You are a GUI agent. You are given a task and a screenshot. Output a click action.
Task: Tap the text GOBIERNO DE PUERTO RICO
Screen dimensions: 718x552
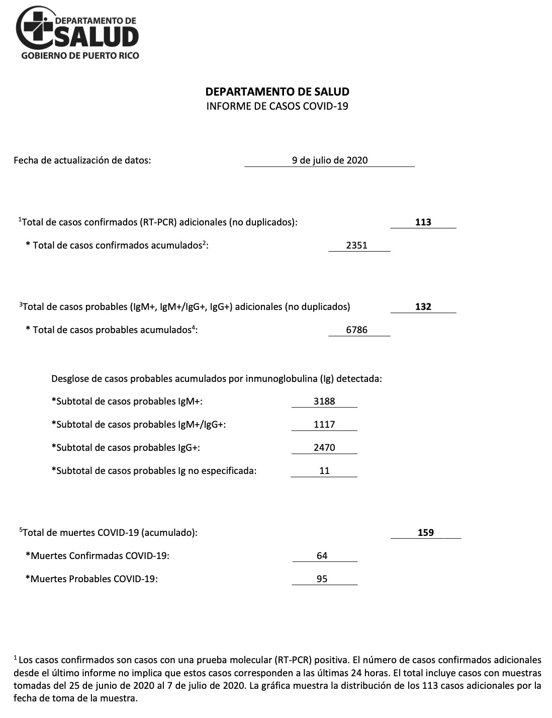coord(79,55)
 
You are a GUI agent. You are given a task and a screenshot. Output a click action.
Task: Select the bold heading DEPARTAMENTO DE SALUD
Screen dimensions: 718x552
coord(277,92)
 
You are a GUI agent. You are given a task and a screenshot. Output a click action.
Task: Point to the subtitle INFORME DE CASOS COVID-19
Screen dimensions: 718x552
coord(277,106)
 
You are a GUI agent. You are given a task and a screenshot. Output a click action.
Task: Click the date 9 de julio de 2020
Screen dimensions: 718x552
coord(330,161)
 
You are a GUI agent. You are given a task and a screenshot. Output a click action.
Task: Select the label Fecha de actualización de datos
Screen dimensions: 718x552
coord(82,161)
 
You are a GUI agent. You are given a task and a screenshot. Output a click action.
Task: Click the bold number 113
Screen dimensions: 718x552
coord(423,222)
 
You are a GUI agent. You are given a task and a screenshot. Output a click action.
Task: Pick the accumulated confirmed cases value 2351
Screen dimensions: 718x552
coord(357,246)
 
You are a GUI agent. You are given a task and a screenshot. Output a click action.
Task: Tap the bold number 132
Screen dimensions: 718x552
coord(423,306)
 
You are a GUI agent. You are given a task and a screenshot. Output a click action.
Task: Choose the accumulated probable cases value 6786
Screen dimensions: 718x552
coord(357,330)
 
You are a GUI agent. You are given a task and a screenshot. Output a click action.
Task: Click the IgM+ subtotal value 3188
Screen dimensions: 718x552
coord(324,402)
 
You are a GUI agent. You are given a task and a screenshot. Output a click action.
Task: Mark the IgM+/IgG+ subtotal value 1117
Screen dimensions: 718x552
coord(324,425)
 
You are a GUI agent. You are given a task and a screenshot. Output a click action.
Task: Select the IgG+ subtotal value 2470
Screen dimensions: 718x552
coord(324,448)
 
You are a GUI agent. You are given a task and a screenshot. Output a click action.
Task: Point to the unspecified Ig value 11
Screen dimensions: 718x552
coord(324,471)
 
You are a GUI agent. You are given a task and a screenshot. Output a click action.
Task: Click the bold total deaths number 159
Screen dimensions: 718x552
coord(425,532)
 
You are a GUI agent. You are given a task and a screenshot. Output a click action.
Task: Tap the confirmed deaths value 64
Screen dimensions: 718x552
coord(322,555)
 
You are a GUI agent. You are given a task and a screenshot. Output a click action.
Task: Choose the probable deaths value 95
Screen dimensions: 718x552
coord(322,579)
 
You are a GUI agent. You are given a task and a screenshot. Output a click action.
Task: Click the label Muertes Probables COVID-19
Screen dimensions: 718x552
coord(92,579)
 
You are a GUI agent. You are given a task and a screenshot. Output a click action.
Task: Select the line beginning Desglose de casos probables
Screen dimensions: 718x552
coord(217,378)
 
